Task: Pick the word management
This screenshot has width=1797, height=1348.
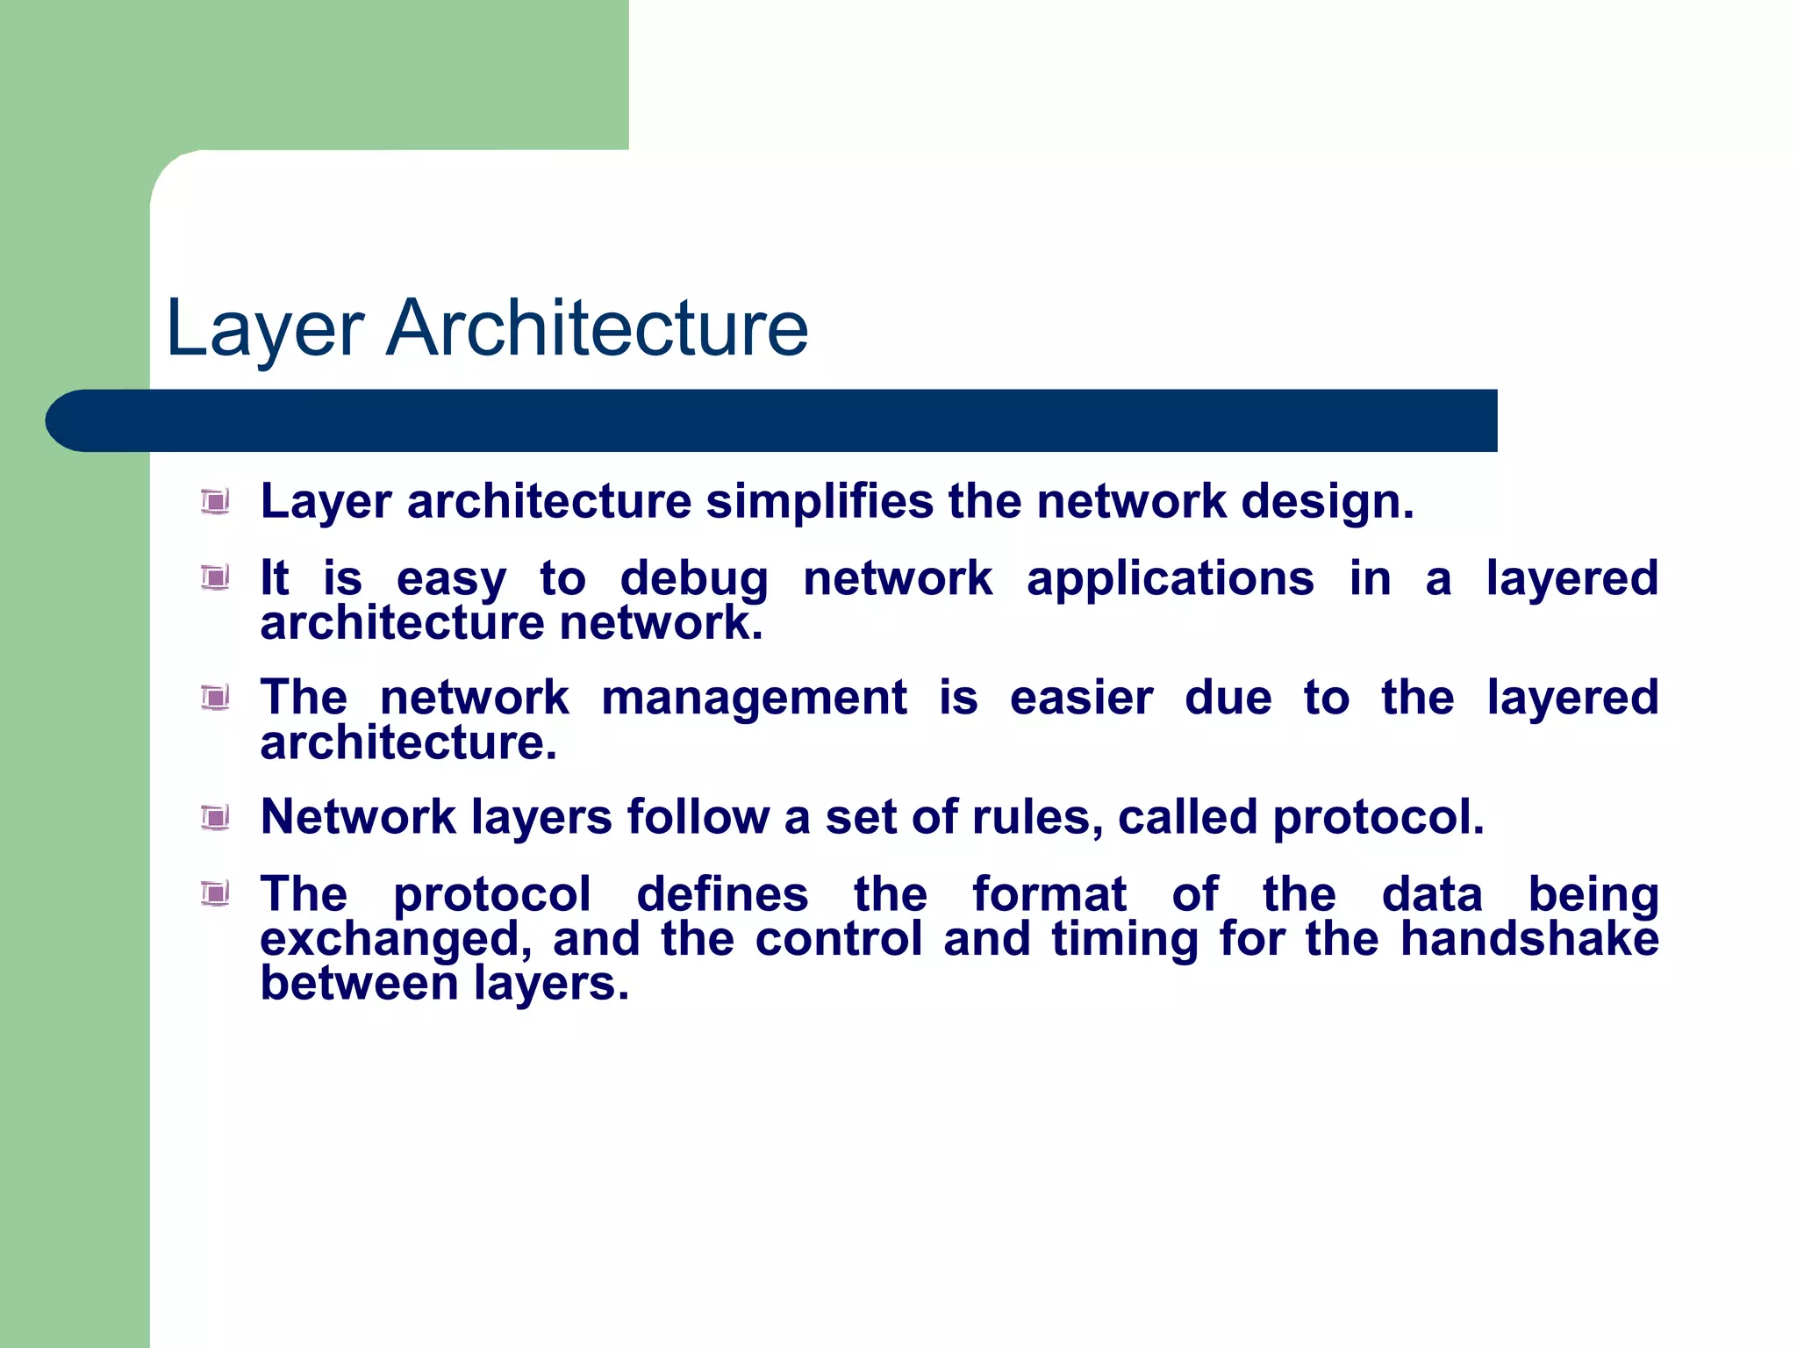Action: (x=754, y=699)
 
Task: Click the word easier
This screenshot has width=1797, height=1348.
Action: (x=1081, y=699)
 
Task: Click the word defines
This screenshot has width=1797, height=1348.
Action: (x=721, y=895)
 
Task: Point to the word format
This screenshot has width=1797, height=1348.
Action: (x=1049, y=895)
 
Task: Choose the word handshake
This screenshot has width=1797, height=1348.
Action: (x=1529, y=939)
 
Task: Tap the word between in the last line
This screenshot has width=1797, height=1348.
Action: (x=359, y=983)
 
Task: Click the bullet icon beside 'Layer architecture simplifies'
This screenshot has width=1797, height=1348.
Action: (x=215, y=502)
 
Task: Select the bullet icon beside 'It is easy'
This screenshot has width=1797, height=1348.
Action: (x=215, y=578)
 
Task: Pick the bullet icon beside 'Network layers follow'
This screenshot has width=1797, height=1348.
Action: (x=215, y=818)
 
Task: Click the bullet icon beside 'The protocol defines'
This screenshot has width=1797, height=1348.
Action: (x=215, y=894)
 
